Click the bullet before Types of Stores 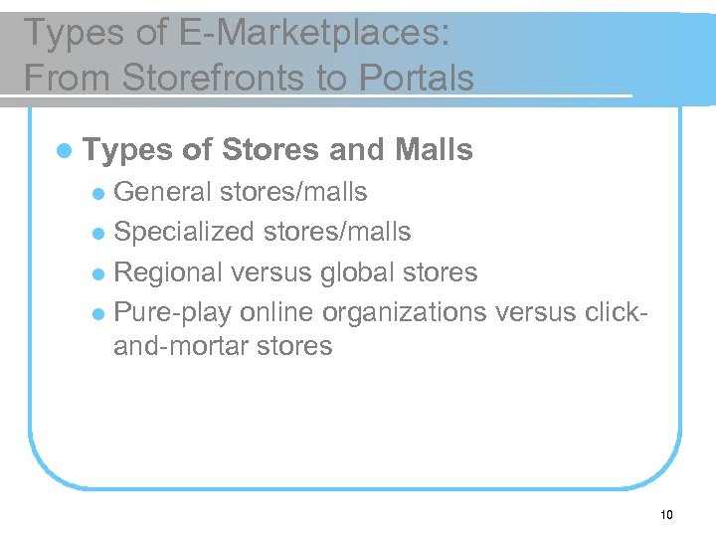pos(65,151)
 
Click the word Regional pos(174,271)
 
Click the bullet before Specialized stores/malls pos(98,234)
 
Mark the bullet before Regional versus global pos(98,273)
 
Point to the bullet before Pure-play pos(98,313)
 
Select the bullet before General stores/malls pos(98,193)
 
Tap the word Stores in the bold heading pos(269,150)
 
